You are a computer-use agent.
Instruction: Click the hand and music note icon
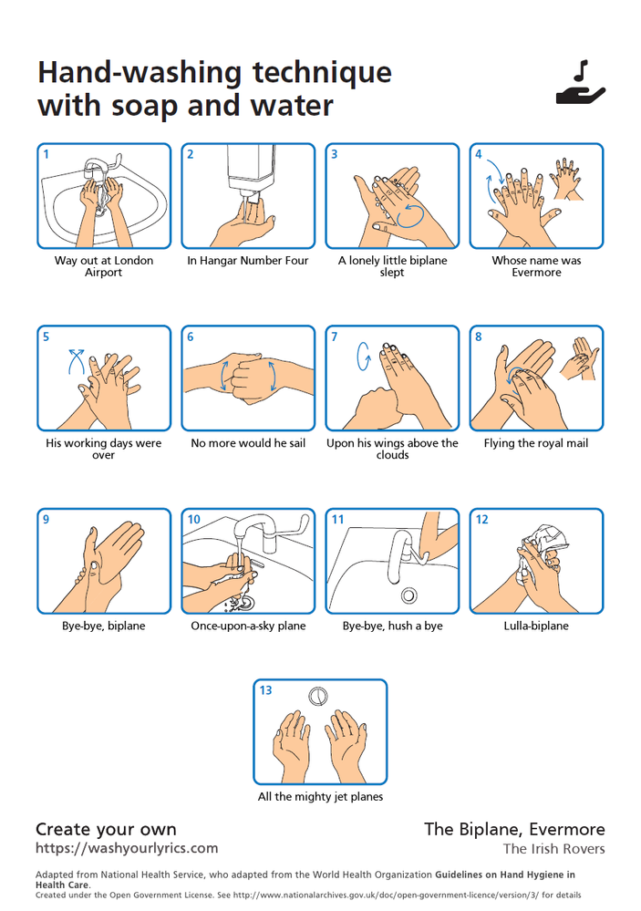pos(581,84)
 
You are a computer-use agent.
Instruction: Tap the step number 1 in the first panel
pos(47,154)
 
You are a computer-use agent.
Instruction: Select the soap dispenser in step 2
pos(251,172)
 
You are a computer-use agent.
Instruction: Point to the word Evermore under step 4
pos(536,273)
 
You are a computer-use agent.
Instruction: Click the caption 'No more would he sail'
pos(248,443)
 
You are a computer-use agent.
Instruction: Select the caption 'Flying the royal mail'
pos(536,443)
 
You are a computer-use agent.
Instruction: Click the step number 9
pos(47,520)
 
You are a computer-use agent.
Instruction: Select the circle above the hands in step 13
pos(318,696)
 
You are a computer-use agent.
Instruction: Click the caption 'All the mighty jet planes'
pos(320,797)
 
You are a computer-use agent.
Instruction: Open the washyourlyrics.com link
pos(127,849)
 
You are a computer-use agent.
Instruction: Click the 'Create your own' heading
pos(106,829)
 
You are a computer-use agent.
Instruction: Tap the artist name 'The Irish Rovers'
pos(553,849)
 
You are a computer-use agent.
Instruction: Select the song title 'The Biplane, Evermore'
pos(514,829)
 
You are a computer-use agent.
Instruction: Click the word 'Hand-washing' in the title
pos(140,72)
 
